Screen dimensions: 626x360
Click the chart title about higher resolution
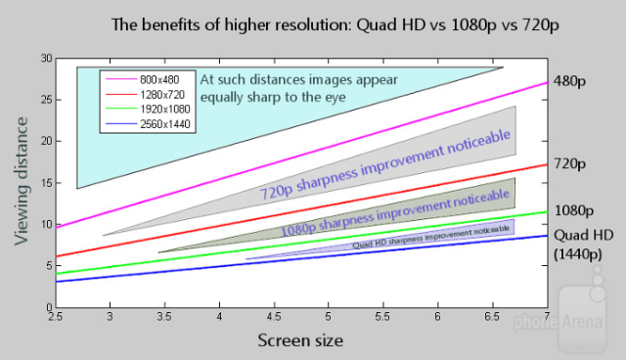coord(335,25)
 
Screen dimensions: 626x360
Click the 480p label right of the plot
coord(569,81)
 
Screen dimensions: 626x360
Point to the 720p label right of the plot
coord(569,164)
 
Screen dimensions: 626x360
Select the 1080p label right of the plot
coord(574,210)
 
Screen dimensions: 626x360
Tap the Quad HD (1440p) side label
coord(583,245)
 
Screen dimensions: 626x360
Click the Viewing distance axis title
coord(22,181)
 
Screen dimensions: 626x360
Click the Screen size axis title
coord(300,340)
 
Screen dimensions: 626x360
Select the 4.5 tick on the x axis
coord(274,317)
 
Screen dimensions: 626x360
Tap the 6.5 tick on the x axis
coord(492,317)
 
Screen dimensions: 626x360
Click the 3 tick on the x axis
coord(110,317)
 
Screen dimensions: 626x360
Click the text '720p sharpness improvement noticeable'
coord(385,164)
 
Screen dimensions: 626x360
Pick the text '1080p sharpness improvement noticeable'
coord(395,212)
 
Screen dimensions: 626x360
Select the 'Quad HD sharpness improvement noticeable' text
coord(431,237)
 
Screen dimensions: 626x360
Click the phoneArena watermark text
coord(559,322)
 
